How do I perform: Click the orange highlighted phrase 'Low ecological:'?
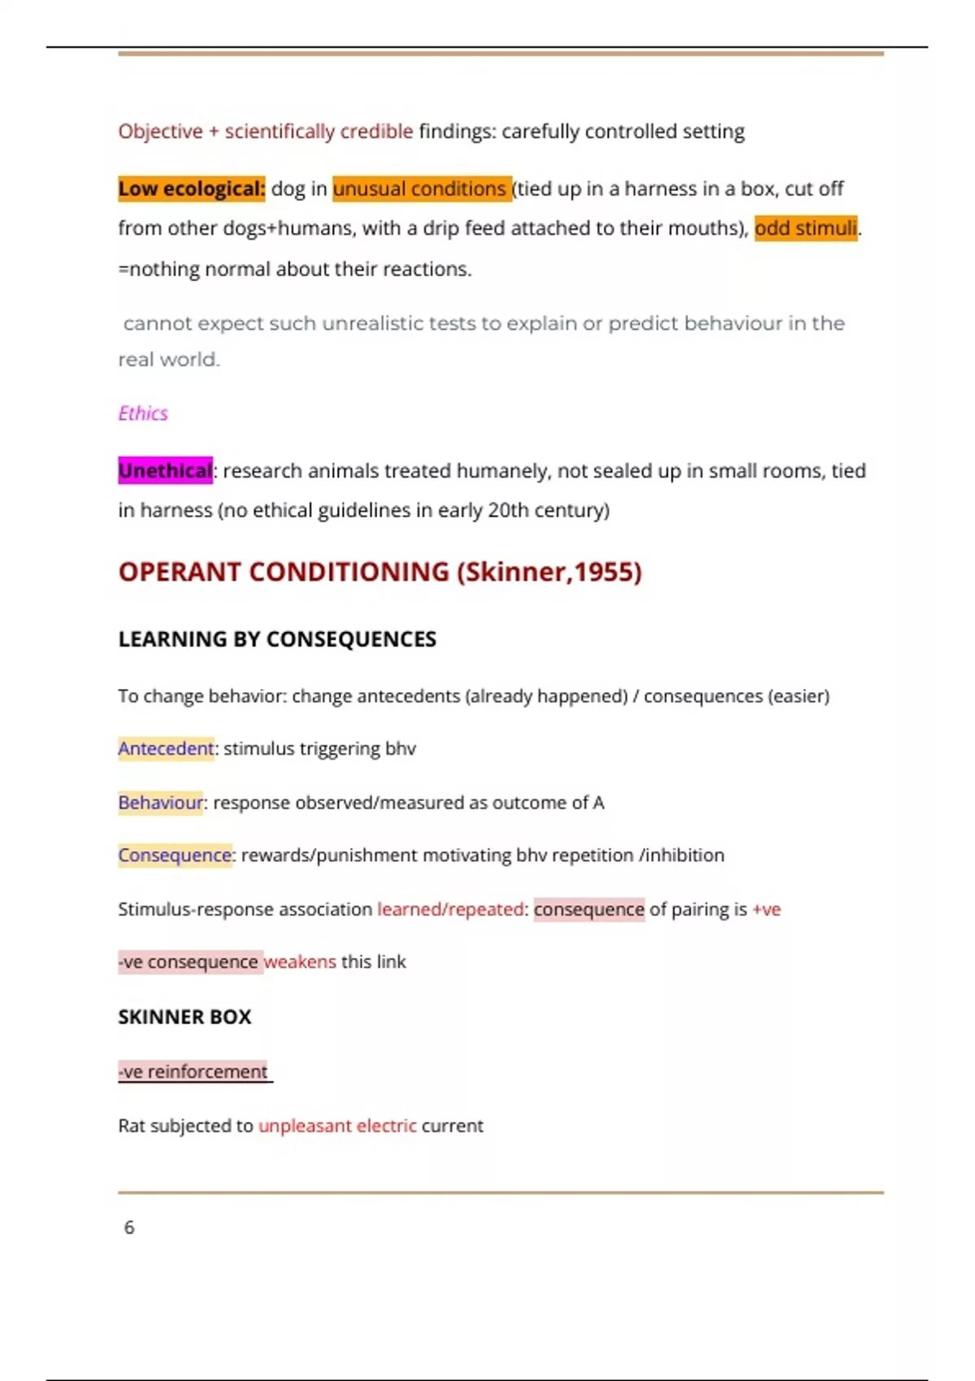[x=191, y=189]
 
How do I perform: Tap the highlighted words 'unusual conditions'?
[x=421, y=189]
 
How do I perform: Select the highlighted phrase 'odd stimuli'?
[x=805, y=228]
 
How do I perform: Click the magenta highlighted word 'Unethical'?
[x=165, y=471]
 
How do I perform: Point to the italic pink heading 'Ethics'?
[x=143, y=413]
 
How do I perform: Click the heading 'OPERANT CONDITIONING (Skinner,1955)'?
[x=379, y=572]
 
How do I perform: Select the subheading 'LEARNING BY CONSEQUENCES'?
[x=277, y=639]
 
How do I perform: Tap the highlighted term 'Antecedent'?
[x=166, y=748]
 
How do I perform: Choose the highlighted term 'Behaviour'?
[x=160, y=803]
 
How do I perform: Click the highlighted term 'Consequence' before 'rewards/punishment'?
[x=175, y=855]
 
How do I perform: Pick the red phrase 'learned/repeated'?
[x=450, y=909]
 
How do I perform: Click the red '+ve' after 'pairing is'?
[x=766, y=909]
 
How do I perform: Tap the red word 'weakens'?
[x=300, y=962]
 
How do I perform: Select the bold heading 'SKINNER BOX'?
[x=184, y=1017]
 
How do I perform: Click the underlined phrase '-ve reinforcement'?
[x=193, y=1071]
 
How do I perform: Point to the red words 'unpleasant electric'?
[x=337, y=1126]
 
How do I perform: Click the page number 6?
[x=129, y=1227]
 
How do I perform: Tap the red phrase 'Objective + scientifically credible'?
[x=266, y=132]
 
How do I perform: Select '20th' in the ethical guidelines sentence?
[x=508, y=510]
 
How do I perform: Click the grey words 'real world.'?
[x=169, y=360]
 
